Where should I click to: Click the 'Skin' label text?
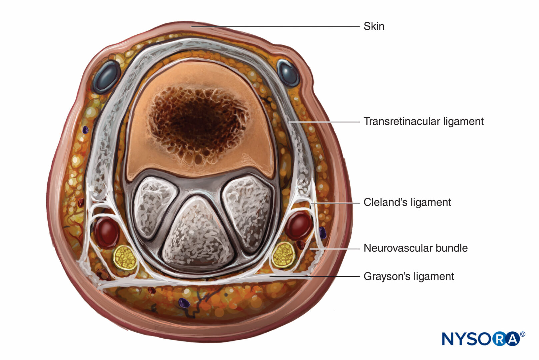coord(374,26)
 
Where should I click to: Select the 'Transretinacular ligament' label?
coord(423,121)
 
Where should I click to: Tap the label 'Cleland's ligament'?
coord(407,202)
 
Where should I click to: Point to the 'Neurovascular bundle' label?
coord(416,248)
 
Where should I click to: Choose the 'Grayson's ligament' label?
coord(409,276)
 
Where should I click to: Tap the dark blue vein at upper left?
coord(107,77)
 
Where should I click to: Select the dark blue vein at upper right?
coord(288,73)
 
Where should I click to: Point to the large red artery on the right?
coord(298,225)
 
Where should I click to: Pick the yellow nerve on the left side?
coord(125,257)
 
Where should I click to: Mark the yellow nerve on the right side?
coord(283,255)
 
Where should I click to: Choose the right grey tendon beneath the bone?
coord(248,212)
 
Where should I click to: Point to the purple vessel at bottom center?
coord(184,302)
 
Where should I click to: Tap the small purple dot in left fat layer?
coord(85,130)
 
